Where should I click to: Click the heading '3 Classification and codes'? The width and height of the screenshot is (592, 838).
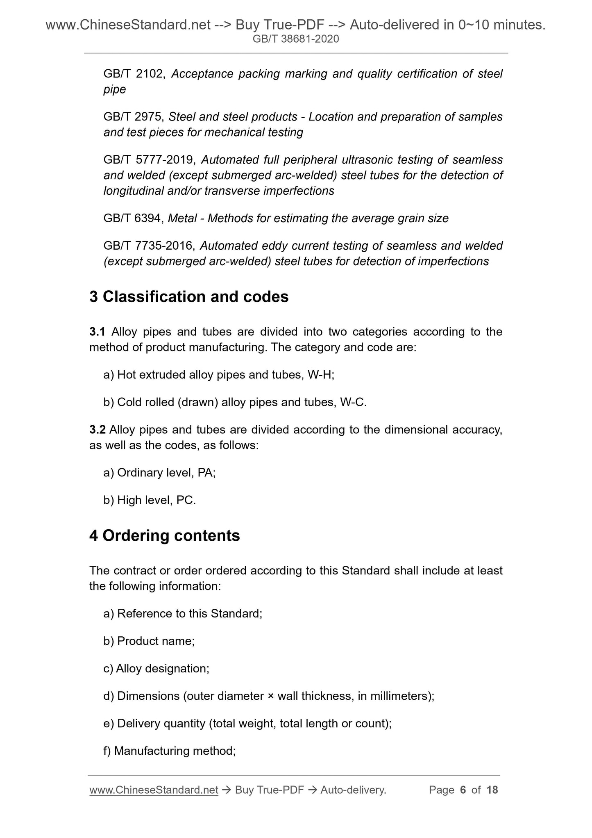tap(189, 297)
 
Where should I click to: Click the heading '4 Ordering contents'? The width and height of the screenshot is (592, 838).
tap(165, 536)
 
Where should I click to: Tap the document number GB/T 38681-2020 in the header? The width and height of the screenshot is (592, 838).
tap(296, 39)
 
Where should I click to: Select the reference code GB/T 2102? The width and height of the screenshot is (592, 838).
tap(134, 74)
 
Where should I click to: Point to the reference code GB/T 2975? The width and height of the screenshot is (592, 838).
tap(134, 117)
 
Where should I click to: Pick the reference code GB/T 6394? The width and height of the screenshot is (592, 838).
tap(134, 218)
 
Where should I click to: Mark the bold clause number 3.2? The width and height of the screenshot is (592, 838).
tap(98, 430)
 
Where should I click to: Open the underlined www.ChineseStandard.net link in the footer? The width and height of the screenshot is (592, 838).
tap(154, 790)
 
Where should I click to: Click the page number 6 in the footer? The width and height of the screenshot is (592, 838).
tap(463, 790)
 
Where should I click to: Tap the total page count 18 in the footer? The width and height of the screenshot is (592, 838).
tap(492, 790)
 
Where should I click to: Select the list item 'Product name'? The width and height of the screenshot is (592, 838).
tap(156, 641)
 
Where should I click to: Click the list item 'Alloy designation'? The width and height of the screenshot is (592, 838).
tap(162, 668)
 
